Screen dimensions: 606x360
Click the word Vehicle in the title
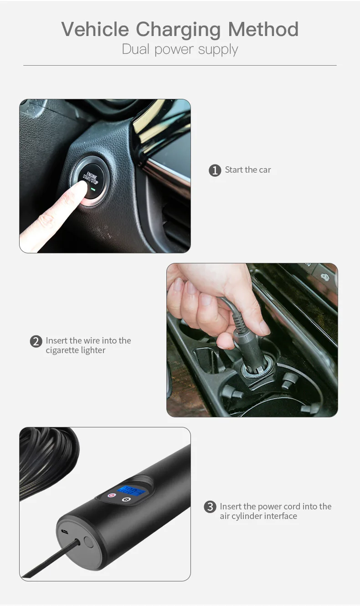pyautogui.click(x=95, y=30)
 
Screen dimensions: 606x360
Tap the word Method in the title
pyautogui.click(x=263, y=30)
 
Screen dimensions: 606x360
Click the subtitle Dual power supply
pyautogui.click(x=180, y=49)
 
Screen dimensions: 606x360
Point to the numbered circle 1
pyautogui.click(x=215, y=170)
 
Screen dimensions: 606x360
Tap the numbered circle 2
pyautogui.click(x=36, y=341)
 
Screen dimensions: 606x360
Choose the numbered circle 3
pyautogui.click(x=210, y=507)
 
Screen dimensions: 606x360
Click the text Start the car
pyautogui.click(x=248, y=170)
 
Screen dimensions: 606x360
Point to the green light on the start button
pyautogui.click(x=93, y=188)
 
